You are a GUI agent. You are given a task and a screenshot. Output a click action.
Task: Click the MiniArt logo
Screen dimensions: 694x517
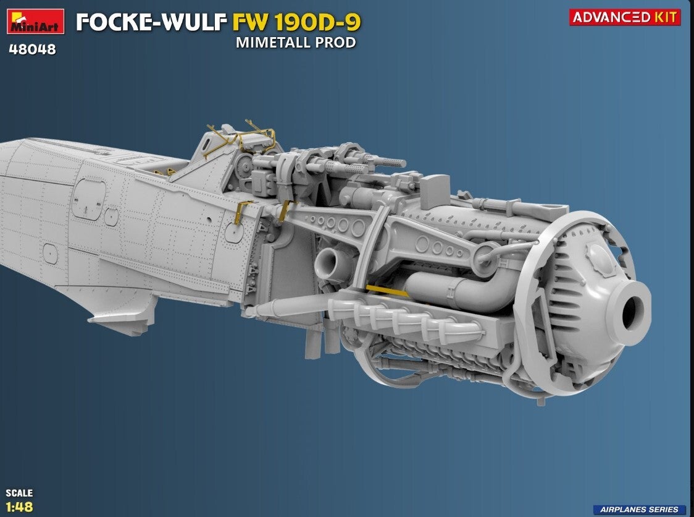(35, 21)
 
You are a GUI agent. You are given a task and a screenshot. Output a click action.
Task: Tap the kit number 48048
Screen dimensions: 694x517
(32, 49)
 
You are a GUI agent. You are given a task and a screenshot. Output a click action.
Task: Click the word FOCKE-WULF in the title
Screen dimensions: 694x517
(151, 22)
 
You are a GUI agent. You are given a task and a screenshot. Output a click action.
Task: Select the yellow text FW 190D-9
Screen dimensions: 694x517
(296, 22)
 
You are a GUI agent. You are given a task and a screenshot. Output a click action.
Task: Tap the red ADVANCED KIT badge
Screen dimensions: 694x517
(624, 17)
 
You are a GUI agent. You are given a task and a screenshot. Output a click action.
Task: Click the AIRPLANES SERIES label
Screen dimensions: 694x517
(639, 510)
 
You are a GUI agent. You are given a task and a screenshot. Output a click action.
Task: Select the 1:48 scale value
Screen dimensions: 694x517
(20, 507)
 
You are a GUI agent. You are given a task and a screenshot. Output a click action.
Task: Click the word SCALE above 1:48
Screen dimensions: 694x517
(19, 493)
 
